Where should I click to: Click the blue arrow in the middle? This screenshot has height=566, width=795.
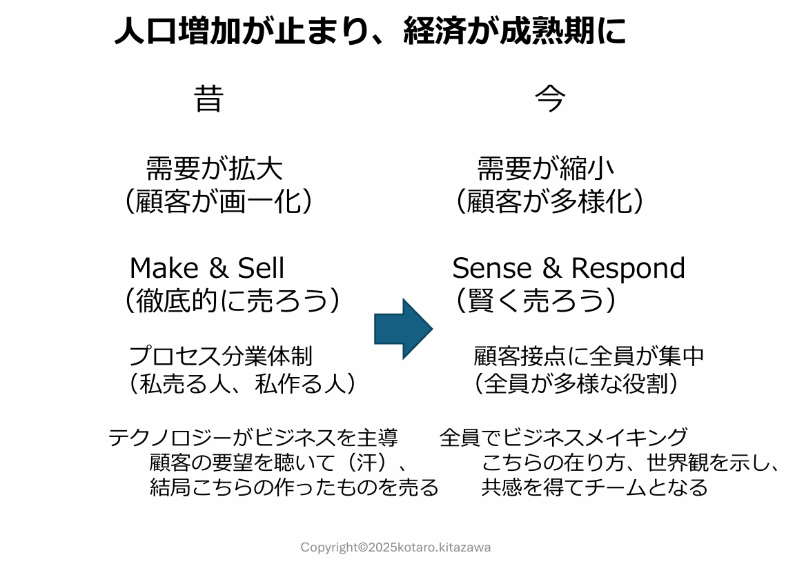coord(402,329)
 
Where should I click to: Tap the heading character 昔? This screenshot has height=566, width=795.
coord(208,99)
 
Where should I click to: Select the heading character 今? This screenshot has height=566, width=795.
coord(550,99)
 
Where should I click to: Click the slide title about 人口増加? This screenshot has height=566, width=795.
coord(370,32)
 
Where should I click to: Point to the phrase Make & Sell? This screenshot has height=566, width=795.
coord(207,268)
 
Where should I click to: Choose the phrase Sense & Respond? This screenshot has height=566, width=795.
coord(569,268)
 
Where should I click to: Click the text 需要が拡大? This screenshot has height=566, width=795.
coord(214,168)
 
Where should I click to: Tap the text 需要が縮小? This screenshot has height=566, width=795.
coord(545,168)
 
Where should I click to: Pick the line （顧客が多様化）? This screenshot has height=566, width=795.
coord(550,202)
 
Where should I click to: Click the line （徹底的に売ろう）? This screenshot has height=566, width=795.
coord(232,301)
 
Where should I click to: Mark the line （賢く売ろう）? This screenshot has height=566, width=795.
coord(536,301)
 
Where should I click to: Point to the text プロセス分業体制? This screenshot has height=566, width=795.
coord(221,356)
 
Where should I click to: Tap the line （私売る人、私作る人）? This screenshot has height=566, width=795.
coord(242,384)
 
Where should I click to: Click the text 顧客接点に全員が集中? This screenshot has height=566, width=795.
coord(589,356)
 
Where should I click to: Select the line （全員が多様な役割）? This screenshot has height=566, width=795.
coord(576,384)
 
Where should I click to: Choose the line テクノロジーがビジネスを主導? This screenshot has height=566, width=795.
coord(253,437)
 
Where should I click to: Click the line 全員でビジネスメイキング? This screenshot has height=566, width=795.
coord(564,437)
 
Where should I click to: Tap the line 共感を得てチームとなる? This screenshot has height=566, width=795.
coord(594,487)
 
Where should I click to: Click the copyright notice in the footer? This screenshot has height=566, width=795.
coord(395,547)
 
